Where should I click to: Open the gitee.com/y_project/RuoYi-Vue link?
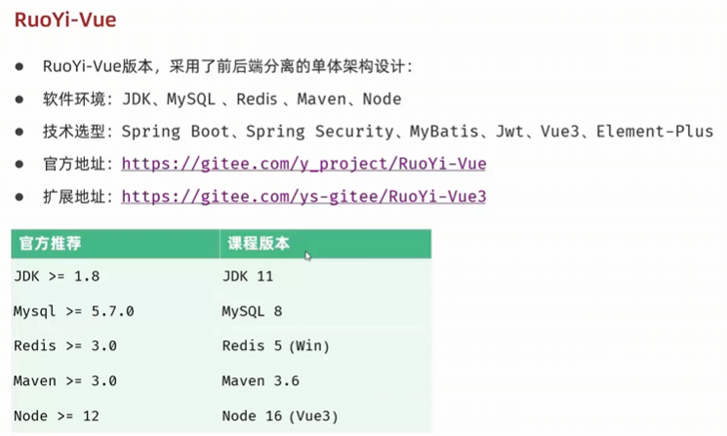[303, 164]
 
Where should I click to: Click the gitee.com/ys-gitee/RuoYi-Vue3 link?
[303, 196]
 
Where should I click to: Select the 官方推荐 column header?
[46, 244]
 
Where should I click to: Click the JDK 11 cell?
[247, 276]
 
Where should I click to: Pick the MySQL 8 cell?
[251, 311]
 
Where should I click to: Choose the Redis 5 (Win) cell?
[275, 346]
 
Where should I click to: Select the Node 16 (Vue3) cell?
[280, 416]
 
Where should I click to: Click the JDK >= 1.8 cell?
[57, 276]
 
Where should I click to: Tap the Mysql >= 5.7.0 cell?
[73, 311]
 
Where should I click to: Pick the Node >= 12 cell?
[57, 416]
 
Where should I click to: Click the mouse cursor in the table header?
[307, 256]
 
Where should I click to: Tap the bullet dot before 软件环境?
[20, 99]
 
